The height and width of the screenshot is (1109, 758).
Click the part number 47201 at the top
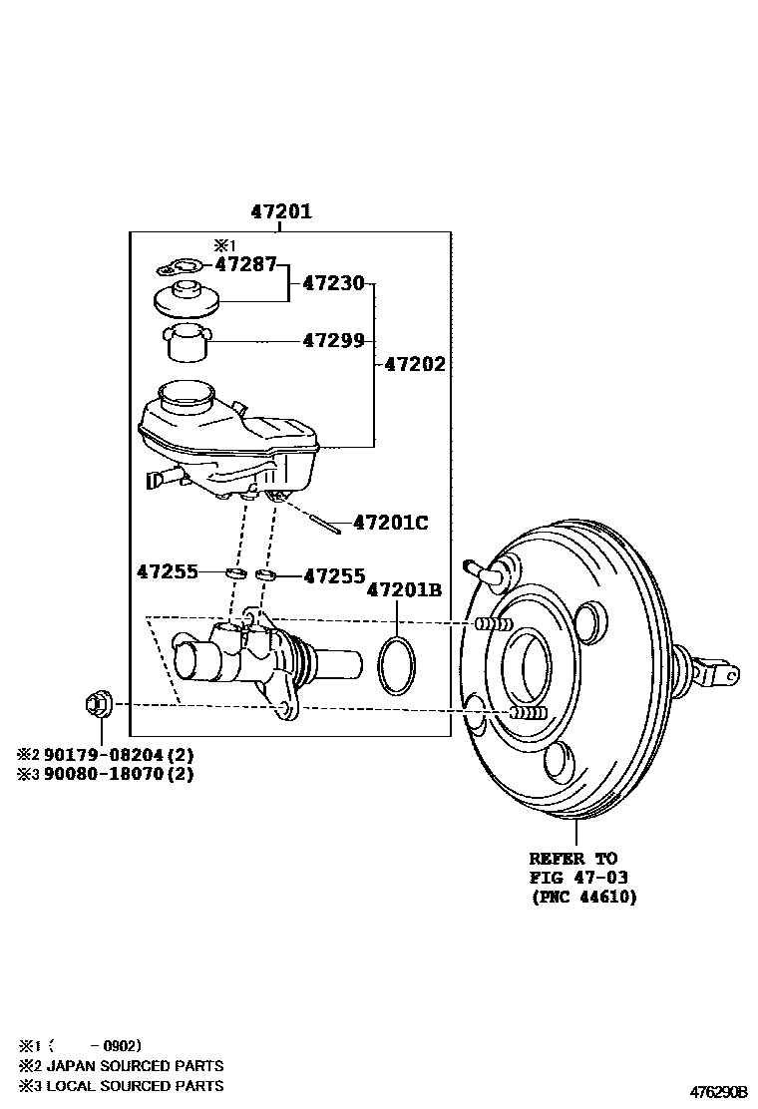click(280, 211)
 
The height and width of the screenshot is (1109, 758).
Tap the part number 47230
click(333, 283)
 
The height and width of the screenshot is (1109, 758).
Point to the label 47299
click(333, 340)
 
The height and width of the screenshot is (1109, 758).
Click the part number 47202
click(415, 364)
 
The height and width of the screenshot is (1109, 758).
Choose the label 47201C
click(390, 523)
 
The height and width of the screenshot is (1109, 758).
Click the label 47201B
click(403, 590)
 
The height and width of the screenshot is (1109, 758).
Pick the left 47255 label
click(167, 572)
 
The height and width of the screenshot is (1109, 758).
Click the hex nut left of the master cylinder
click(100, 705)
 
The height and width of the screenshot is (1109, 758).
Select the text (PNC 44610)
click(582, 897)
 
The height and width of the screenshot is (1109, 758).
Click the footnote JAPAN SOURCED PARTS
click(124, 1066)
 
